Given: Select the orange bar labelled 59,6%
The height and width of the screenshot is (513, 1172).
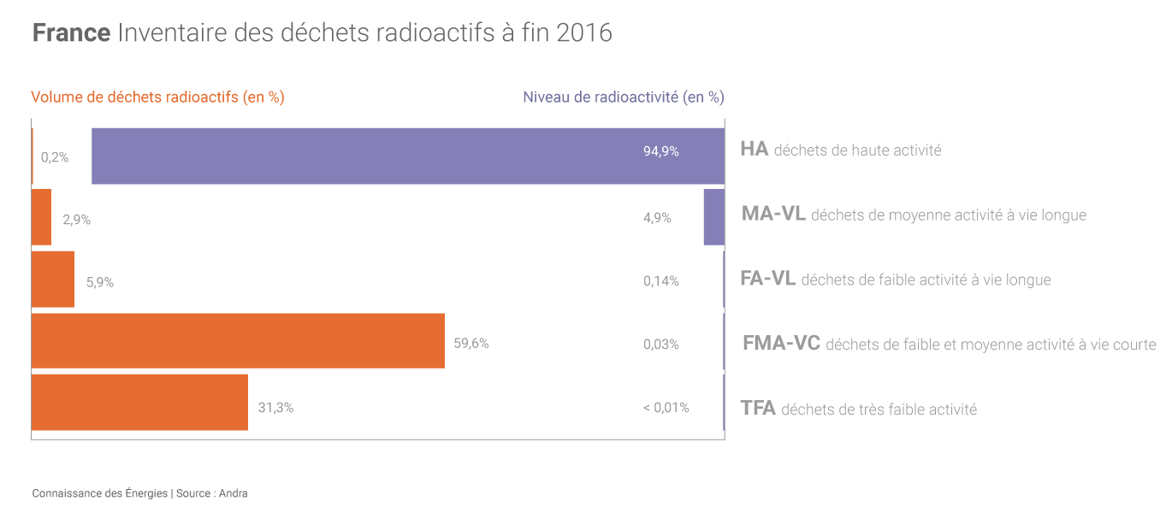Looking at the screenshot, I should (238, 341).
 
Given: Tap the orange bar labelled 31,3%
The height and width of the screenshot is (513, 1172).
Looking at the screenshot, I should (139, 402).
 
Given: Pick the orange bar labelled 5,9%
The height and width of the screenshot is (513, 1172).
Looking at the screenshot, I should (53, 279).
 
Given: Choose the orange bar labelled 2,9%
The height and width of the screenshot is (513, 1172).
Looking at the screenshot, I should (41, 217).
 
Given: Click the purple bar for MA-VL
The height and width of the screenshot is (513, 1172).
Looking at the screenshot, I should (714, 217).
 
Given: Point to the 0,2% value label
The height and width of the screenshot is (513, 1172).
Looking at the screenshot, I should (55, 157).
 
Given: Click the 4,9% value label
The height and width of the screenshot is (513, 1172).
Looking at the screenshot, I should (657, 218).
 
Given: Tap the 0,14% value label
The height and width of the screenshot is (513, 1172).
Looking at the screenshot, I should (660, 280).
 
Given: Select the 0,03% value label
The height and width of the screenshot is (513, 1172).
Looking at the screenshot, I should (660, 345).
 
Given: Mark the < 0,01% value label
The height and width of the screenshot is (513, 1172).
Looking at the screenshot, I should (666, 408).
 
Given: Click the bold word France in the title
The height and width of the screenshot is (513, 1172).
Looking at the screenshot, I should (71, 33).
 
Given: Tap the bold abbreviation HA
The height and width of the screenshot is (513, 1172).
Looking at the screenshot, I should (754, 149).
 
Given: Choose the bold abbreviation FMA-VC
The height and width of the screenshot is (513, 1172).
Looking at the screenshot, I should (781, 344).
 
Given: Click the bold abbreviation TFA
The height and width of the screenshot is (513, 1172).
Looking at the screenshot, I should (758, 408).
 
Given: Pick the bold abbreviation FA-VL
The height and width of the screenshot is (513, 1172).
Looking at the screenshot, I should (767, 279).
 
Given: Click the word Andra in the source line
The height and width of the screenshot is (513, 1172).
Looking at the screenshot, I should (234, 493).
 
